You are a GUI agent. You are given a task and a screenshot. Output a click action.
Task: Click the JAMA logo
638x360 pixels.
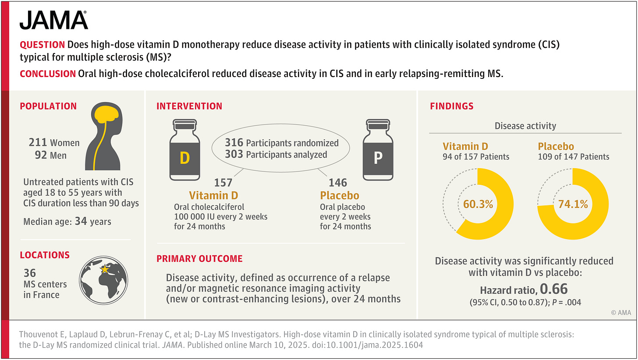click(53, 20)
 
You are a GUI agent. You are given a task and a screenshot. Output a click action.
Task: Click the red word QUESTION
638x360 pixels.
click(43, 45)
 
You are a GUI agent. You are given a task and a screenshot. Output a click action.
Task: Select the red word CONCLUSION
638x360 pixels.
click(48, 74)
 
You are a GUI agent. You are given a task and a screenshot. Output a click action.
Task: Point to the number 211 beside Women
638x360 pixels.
click(38, 142)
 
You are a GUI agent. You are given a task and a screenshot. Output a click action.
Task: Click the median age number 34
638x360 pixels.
click(81, 221)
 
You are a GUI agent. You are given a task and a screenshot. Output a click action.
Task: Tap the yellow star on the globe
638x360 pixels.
click(105, 268)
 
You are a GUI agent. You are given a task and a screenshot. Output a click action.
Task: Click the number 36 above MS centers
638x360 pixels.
click(30, 273)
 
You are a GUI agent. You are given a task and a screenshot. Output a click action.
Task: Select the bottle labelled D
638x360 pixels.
click(184, 150)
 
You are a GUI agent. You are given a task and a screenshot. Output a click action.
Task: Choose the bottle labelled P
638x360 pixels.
click(378, 150)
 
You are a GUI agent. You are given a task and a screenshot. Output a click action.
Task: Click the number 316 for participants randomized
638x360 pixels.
click(234, 142)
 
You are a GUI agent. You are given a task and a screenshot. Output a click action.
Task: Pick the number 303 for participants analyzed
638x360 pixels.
click(234, 154)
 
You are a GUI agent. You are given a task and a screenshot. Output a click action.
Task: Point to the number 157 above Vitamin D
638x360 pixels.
click(223, 183)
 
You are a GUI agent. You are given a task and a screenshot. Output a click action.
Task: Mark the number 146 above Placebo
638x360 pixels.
click(338, 183)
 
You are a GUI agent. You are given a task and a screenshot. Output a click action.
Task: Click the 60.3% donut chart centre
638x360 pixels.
click(478, 204)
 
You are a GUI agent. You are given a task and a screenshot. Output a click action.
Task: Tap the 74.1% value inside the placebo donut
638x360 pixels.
click(573, 204)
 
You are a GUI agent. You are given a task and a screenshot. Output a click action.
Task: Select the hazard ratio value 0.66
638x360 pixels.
click(554, 289)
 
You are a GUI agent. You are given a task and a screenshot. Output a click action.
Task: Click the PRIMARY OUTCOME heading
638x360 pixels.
click(199, 259)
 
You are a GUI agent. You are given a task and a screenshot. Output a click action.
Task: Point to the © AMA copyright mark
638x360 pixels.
click(621, 312)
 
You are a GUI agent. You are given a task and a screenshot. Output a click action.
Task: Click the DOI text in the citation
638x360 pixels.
click(367, 345)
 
